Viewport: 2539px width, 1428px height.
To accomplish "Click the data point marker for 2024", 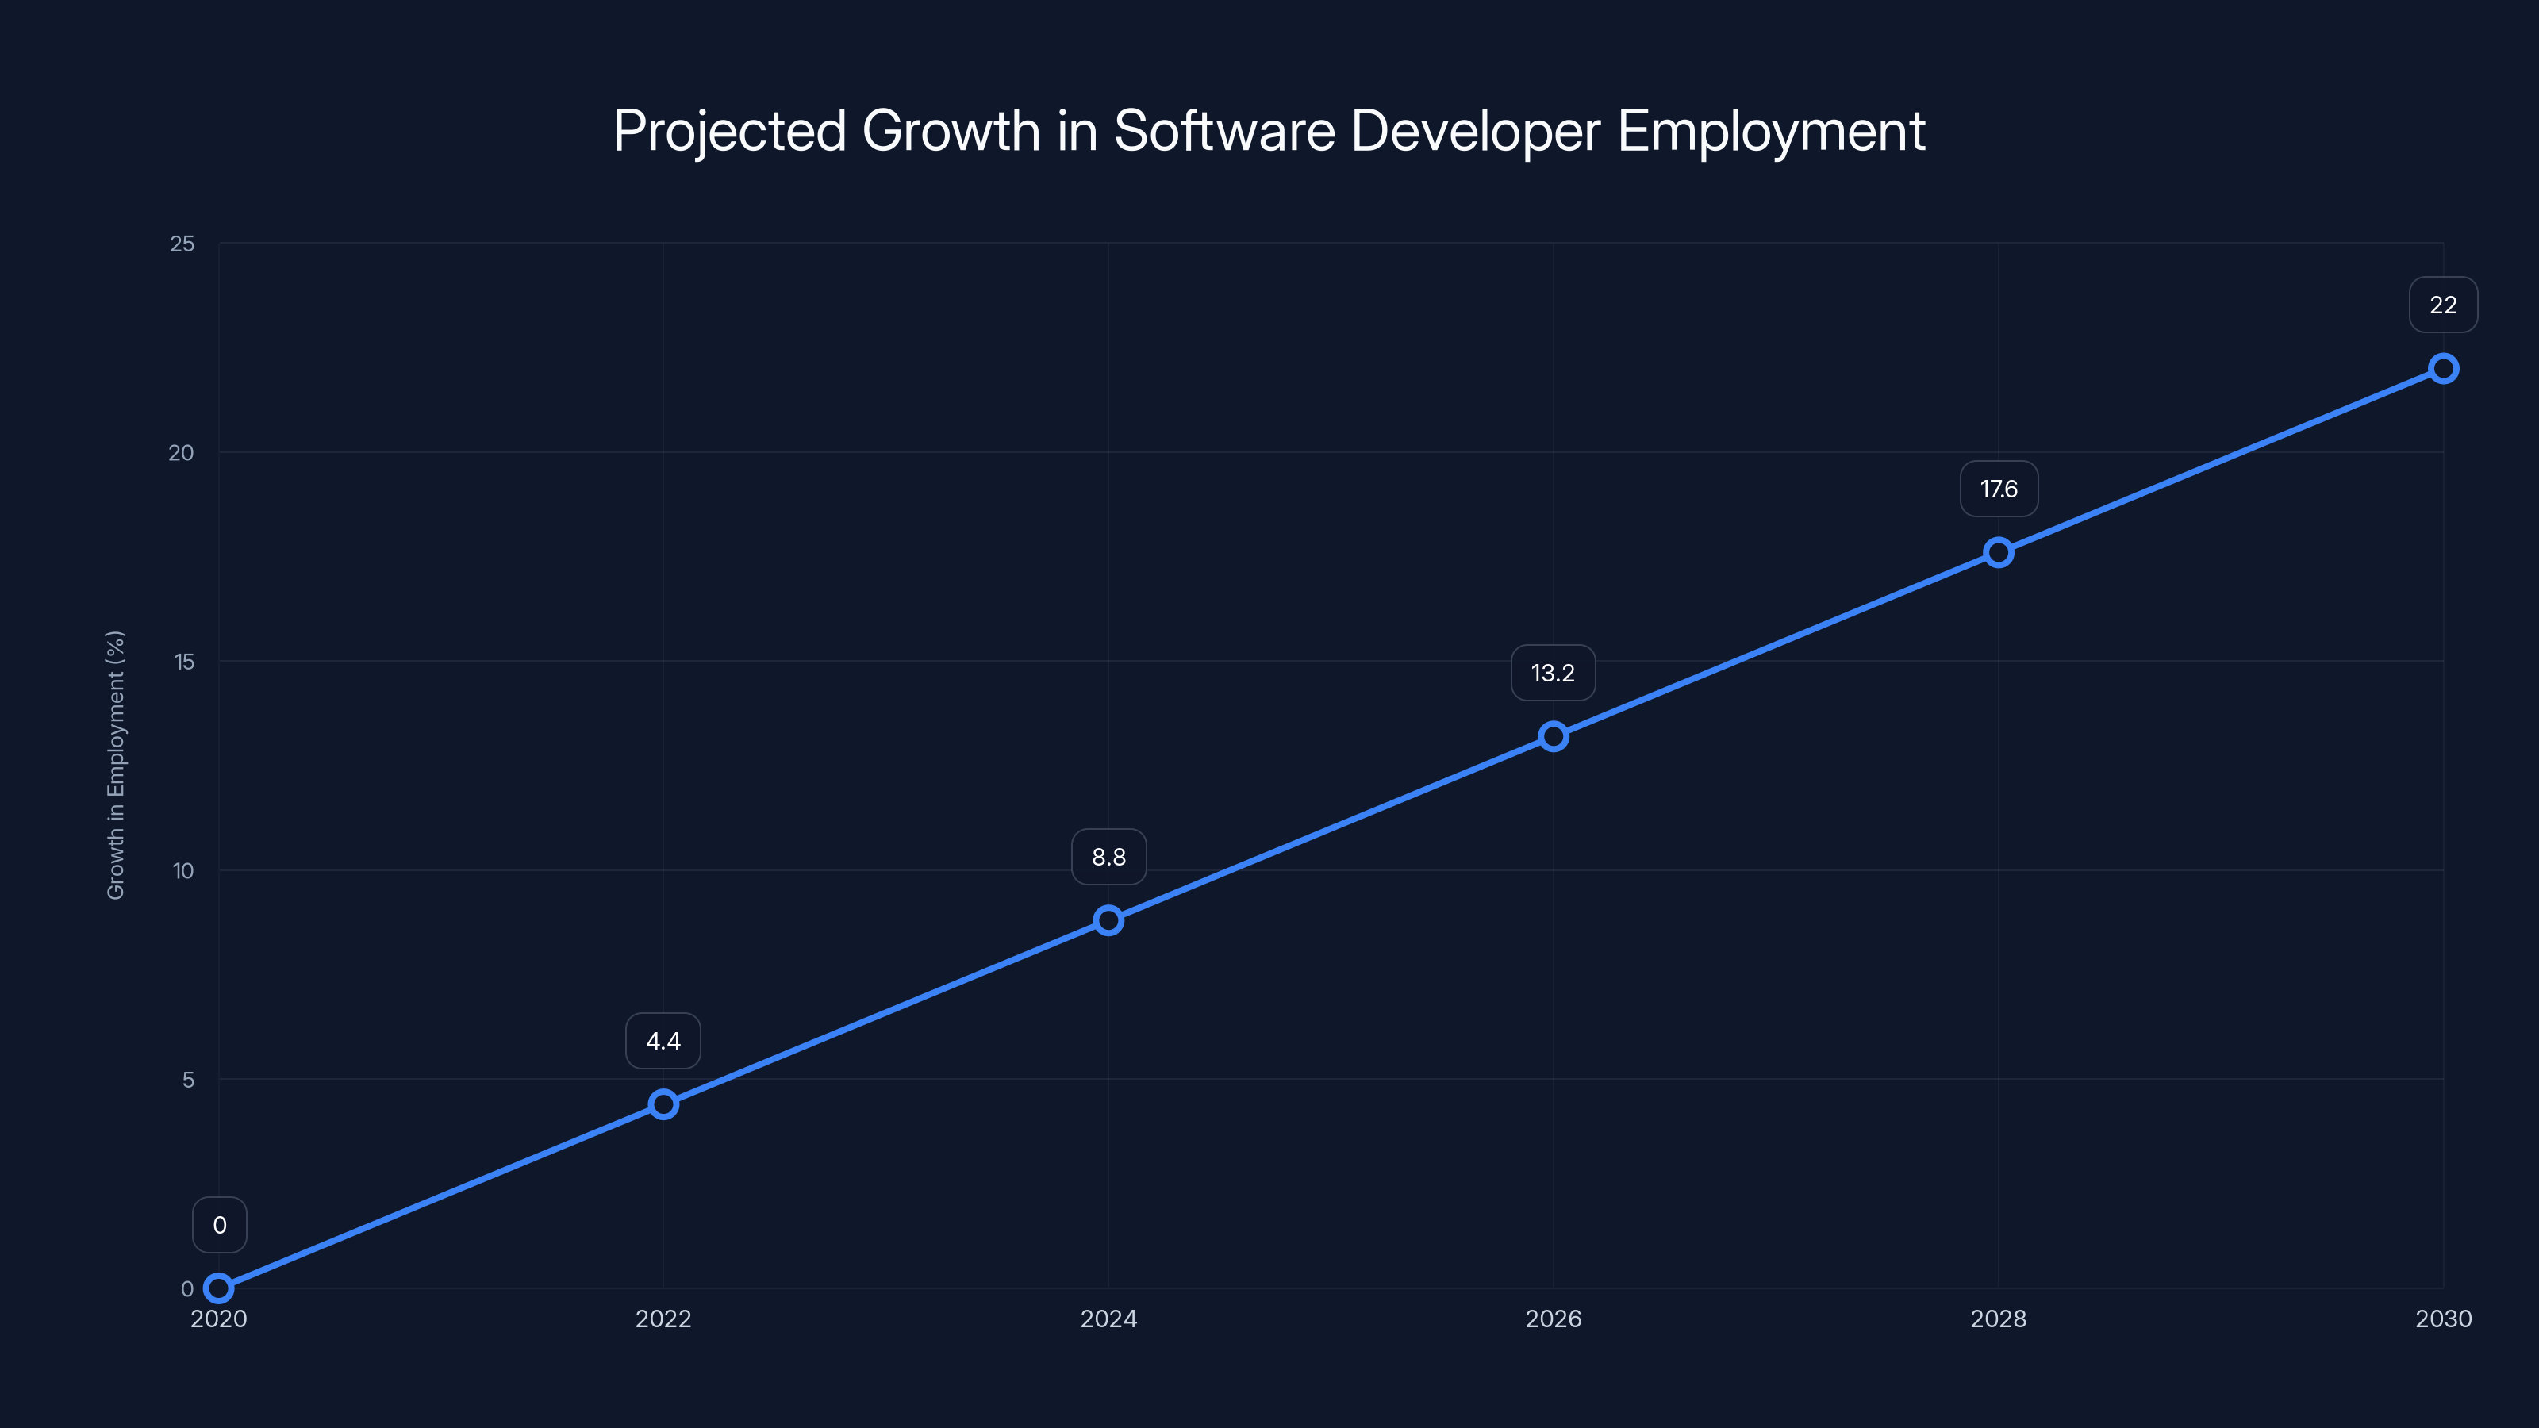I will [x=1108, y=920].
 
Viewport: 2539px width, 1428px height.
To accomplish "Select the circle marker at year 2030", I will [x=2442, y=369].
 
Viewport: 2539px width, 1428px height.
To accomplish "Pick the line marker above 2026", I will [x=1554, y=736].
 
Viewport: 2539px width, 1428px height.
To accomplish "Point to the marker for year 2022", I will [x=663, y=1104].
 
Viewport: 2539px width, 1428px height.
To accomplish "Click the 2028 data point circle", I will [x=1998, y=552].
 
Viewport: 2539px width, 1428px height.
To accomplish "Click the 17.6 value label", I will [x=1998, y=489].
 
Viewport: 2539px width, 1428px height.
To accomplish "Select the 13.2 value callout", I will [x=1553, y=673].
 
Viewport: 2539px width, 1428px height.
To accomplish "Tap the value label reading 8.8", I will [x=1108, y=858].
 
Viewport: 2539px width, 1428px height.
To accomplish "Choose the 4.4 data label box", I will [x=663, y=1041].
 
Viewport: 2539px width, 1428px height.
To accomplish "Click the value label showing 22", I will [x=2442, y=305].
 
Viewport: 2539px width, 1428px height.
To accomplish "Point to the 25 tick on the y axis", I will [x=182, y=244].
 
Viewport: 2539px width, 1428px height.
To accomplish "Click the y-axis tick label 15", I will [x=184, y=662].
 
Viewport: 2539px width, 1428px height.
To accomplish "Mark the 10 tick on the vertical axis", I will [x=183, y=870].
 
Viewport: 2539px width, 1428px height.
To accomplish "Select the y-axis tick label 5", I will [x=188, y=1079].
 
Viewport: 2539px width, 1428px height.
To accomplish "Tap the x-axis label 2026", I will [x=1553, y=1319].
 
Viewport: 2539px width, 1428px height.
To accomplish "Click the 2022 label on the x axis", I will [x=663, y=1319].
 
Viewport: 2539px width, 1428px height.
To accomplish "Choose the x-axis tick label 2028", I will [x=1998, y=1319].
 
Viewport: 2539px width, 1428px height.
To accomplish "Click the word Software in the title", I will [x=1224, y=130].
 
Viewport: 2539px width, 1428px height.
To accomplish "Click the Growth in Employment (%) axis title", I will [x=117, y=765].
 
